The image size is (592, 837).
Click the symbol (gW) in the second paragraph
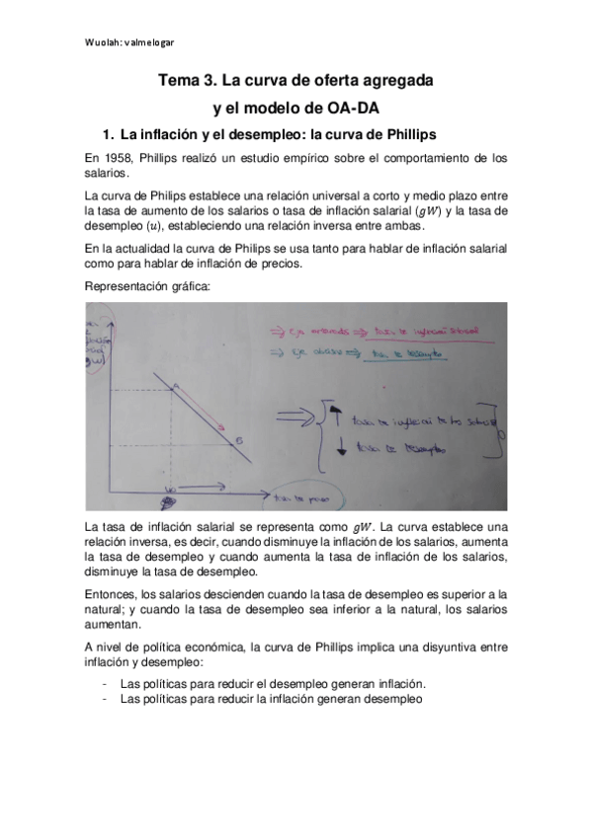432,210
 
